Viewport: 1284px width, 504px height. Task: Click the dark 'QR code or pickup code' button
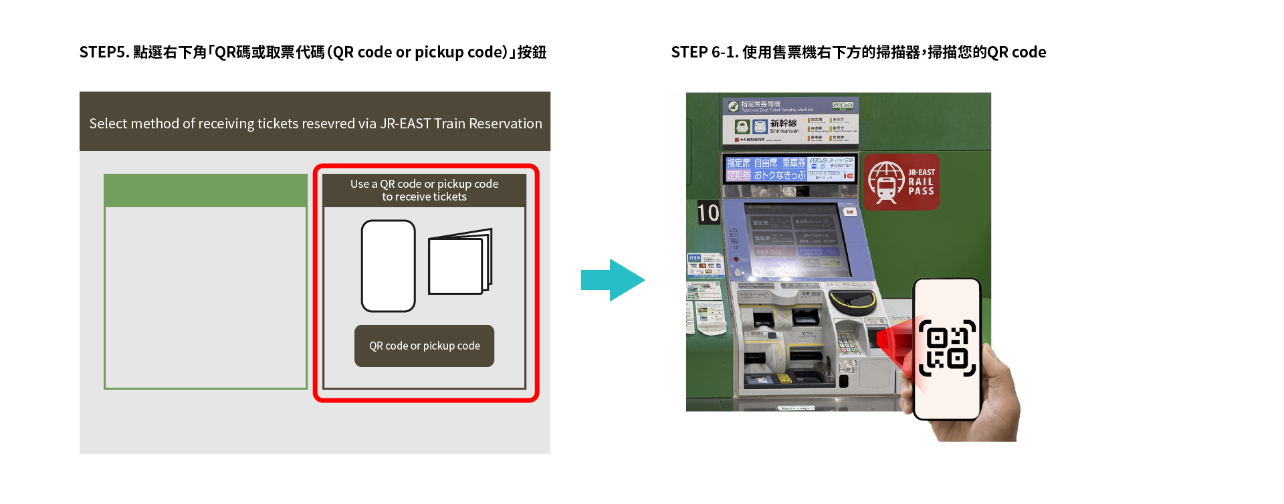[x=424, y=346]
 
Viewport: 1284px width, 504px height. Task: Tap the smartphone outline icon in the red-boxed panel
[x=388, y=266]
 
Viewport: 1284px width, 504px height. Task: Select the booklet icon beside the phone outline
[x=460, y=262]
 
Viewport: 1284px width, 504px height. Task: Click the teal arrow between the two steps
[x=612, y=280]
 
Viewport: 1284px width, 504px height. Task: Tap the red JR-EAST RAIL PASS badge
[x=901, y=182]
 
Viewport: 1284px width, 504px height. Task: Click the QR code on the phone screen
[x=947, y=348]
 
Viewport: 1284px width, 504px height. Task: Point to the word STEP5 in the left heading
[x=104, y=52]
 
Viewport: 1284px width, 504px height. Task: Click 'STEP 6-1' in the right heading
[x=704, y=52]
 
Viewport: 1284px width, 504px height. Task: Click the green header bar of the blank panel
[x=205, y=191]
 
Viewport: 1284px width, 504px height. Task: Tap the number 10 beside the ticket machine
[x=708, y=213]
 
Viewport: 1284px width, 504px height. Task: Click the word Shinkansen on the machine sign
[x=784, y=131]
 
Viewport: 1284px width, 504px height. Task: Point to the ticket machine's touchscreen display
[x=796, y=241]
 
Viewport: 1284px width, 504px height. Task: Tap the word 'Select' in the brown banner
[x=109, y=124]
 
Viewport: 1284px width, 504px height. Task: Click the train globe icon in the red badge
[x=886, y=182]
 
